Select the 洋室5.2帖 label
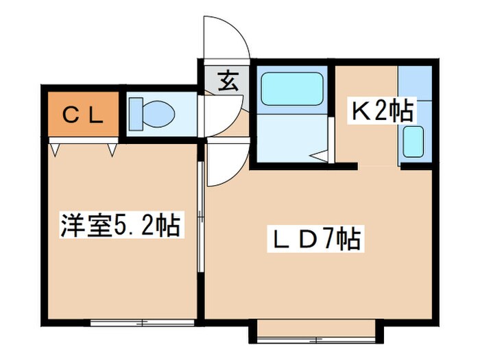point(121,225)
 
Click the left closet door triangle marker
point(55,147)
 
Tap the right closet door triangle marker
point(112,147)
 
